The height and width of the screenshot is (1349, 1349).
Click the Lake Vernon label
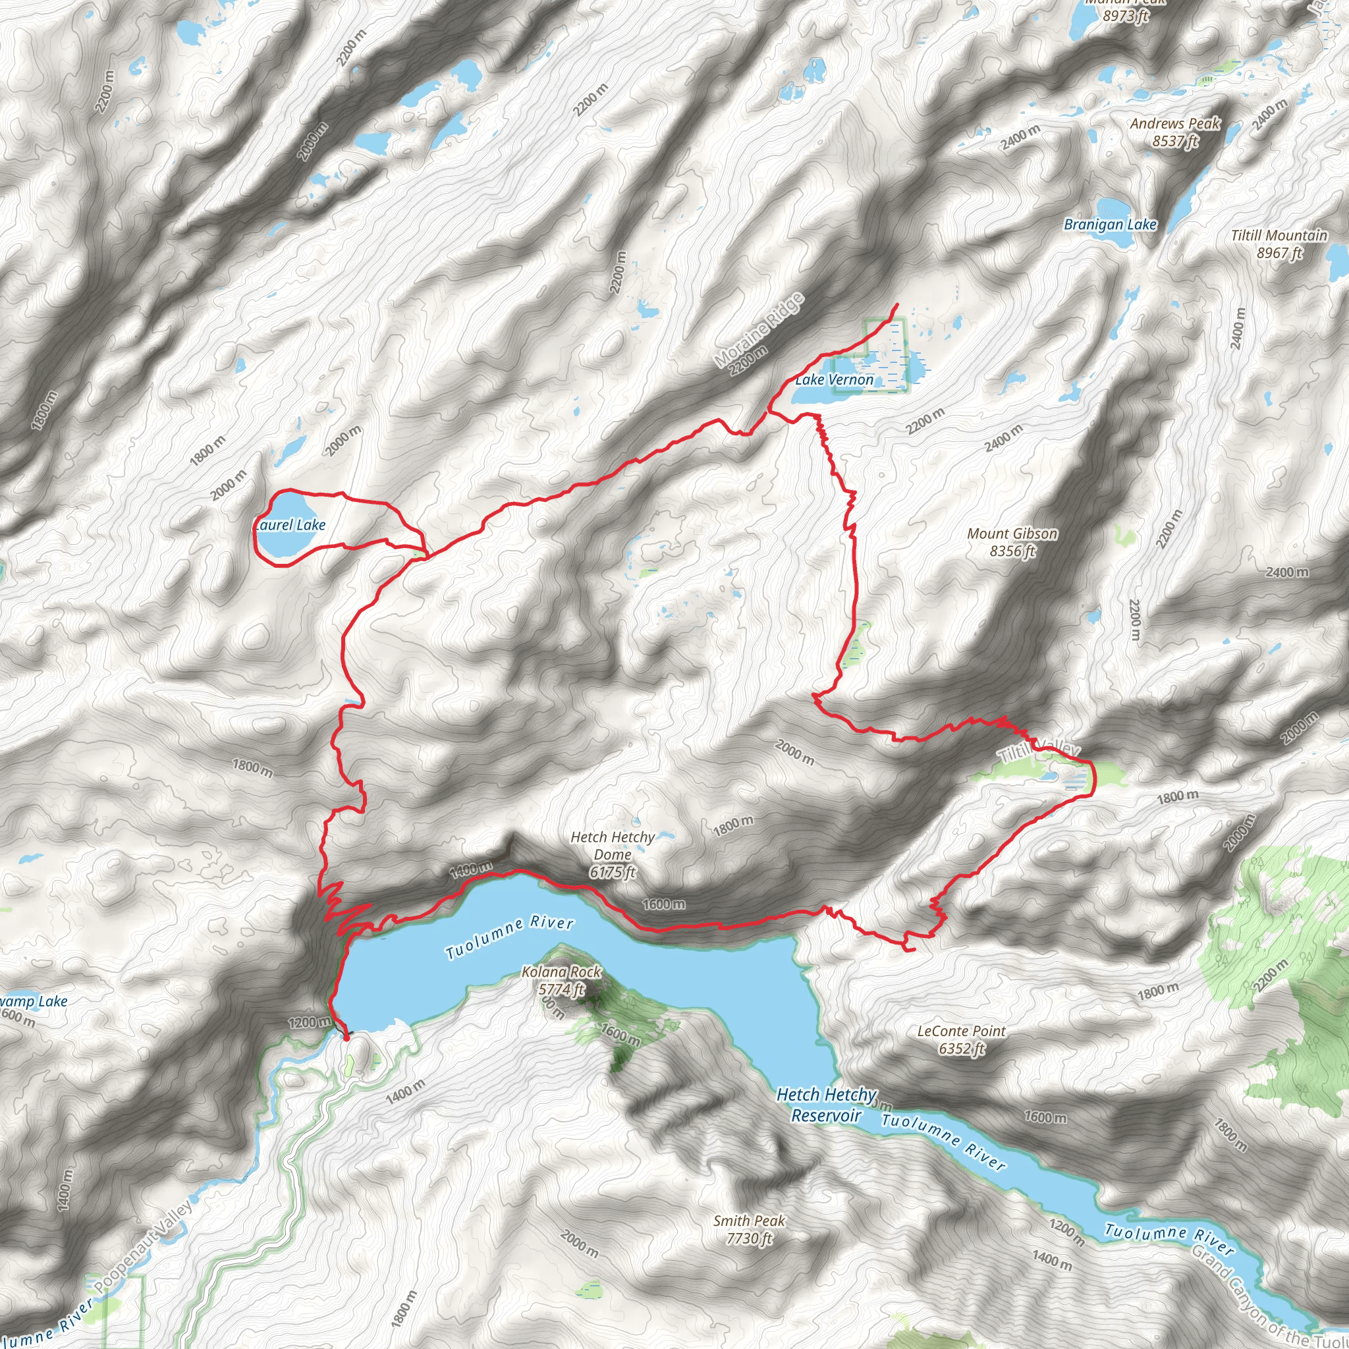835,380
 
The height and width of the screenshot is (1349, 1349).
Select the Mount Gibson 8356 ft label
1012,543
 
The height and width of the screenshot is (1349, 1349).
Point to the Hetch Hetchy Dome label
613,854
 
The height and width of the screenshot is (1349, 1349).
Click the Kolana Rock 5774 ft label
561,980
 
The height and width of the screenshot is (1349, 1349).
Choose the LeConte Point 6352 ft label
962,1039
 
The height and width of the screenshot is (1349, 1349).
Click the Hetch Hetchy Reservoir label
827,1105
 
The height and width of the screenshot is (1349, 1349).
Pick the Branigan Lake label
1110,225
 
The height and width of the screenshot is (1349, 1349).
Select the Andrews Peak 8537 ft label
1175,132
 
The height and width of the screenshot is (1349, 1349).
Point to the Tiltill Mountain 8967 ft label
1279,244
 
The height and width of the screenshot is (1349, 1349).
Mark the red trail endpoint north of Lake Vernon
896,304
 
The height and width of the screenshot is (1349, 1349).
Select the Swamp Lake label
34,1002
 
